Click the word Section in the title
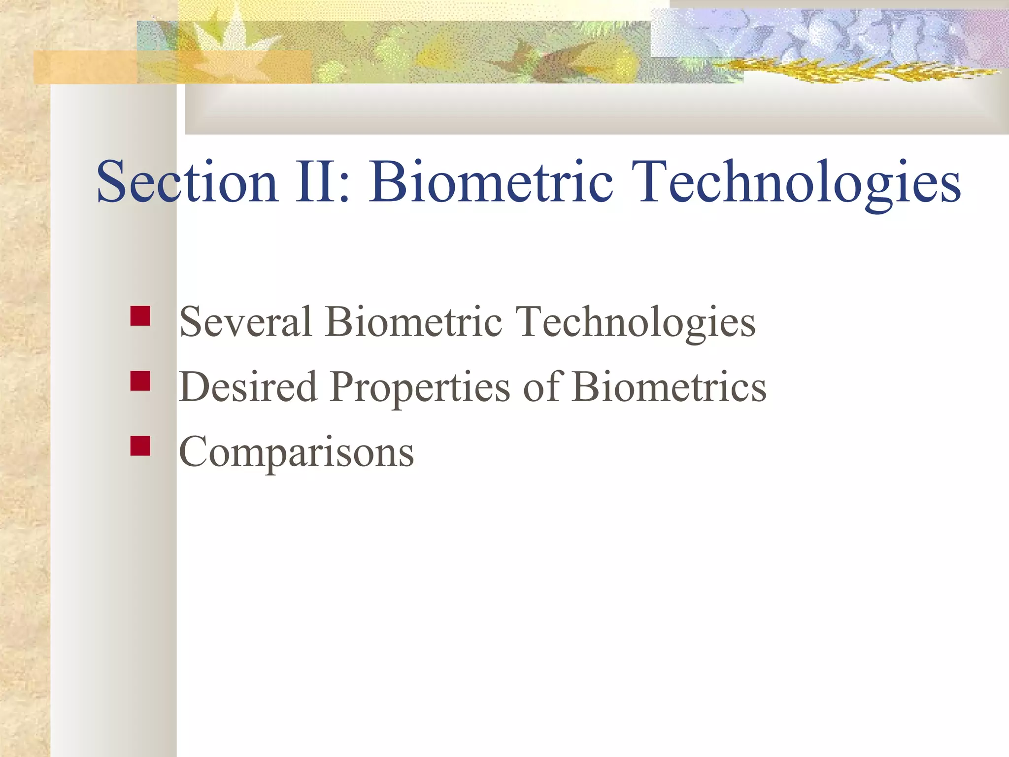tap(187, 182)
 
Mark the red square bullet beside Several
tap(140, 316)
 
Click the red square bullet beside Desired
tap(140, 381)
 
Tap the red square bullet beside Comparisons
tap(140, 446)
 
